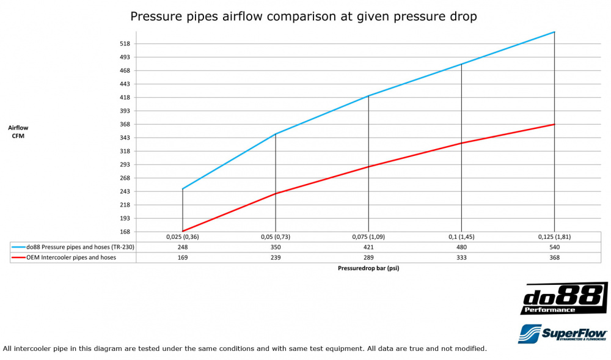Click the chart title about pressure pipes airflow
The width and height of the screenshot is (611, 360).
pos(303,17)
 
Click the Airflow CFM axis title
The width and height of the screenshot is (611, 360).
pos(18,131)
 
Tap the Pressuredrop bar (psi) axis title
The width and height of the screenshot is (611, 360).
pos(368,268)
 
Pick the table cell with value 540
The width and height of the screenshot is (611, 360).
pos(554,247)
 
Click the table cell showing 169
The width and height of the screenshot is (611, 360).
pos(183,257)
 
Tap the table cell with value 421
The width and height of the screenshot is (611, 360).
pos(368,247)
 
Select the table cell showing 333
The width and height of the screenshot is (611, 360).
pos(461,257)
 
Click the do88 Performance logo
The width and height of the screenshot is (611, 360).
pos(563,298)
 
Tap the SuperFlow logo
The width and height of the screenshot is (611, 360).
pos(562,333)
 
